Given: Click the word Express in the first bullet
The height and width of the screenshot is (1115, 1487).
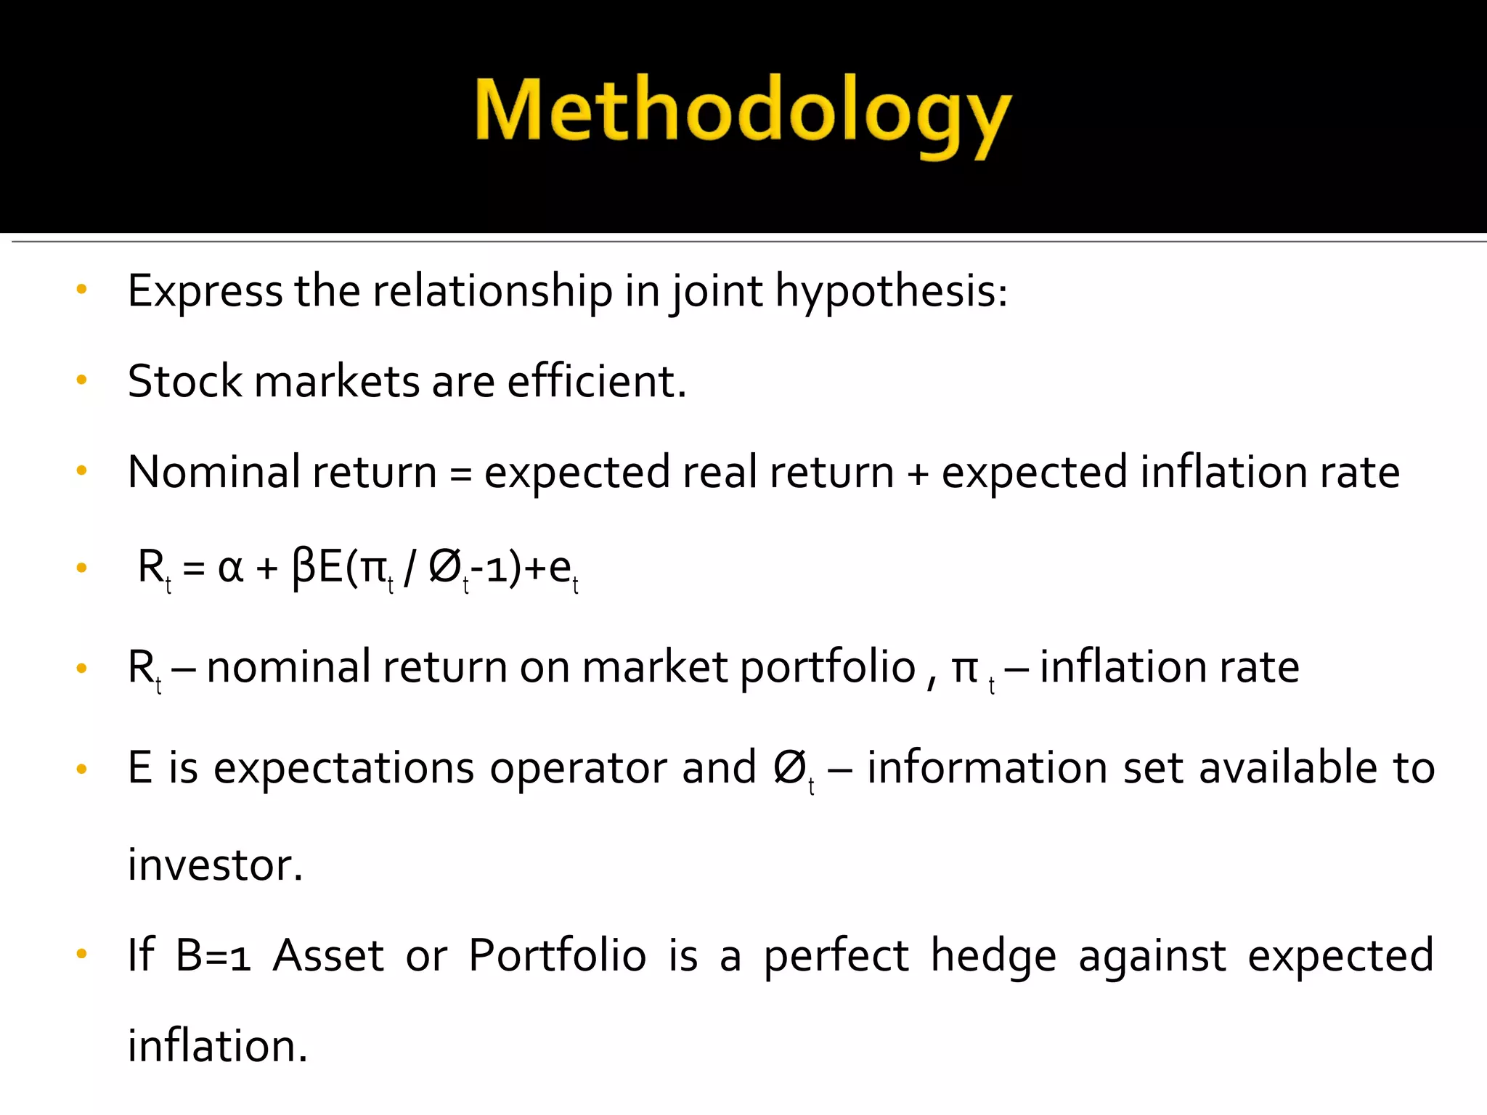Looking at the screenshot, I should [205, 291].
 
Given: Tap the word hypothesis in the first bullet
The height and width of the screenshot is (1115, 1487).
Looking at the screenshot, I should [891, 291].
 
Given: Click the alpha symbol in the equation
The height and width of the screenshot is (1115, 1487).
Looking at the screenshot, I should [230, 568].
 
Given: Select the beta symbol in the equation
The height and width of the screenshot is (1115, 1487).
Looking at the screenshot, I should [303, 568].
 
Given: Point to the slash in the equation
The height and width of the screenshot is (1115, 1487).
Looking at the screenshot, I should [410, 568].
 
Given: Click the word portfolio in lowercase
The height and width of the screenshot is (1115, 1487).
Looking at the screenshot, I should [828, 668].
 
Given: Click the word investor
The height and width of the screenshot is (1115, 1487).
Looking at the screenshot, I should [215, 865].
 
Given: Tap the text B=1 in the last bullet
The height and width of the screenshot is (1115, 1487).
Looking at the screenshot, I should [213, 955].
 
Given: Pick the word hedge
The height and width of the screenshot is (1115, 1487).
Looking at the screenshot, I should [993, 955].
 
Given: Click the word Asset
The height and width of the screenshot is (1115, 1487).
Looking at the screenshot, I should [328, 955].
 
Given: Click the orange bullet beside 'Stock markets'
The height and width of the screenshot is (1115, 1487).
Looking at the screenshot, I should [81, 379].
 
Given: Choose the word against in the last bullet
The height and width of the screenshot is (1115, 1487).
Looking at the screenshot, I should [1152, 955].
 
